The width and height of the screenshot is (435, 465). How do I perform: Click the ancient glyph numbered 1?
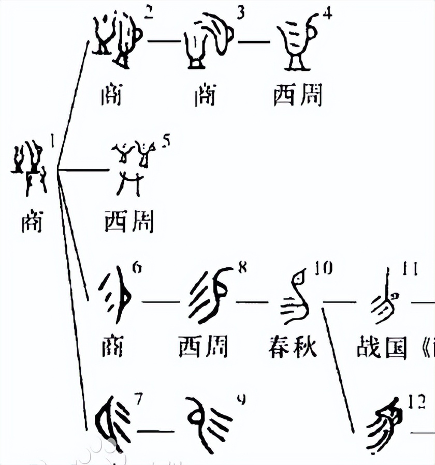pyautogui.click(x=28, y=166)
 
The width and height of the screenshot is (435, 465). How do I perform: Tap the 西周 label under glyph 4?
pyautogui.click(x=298, y=95)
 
